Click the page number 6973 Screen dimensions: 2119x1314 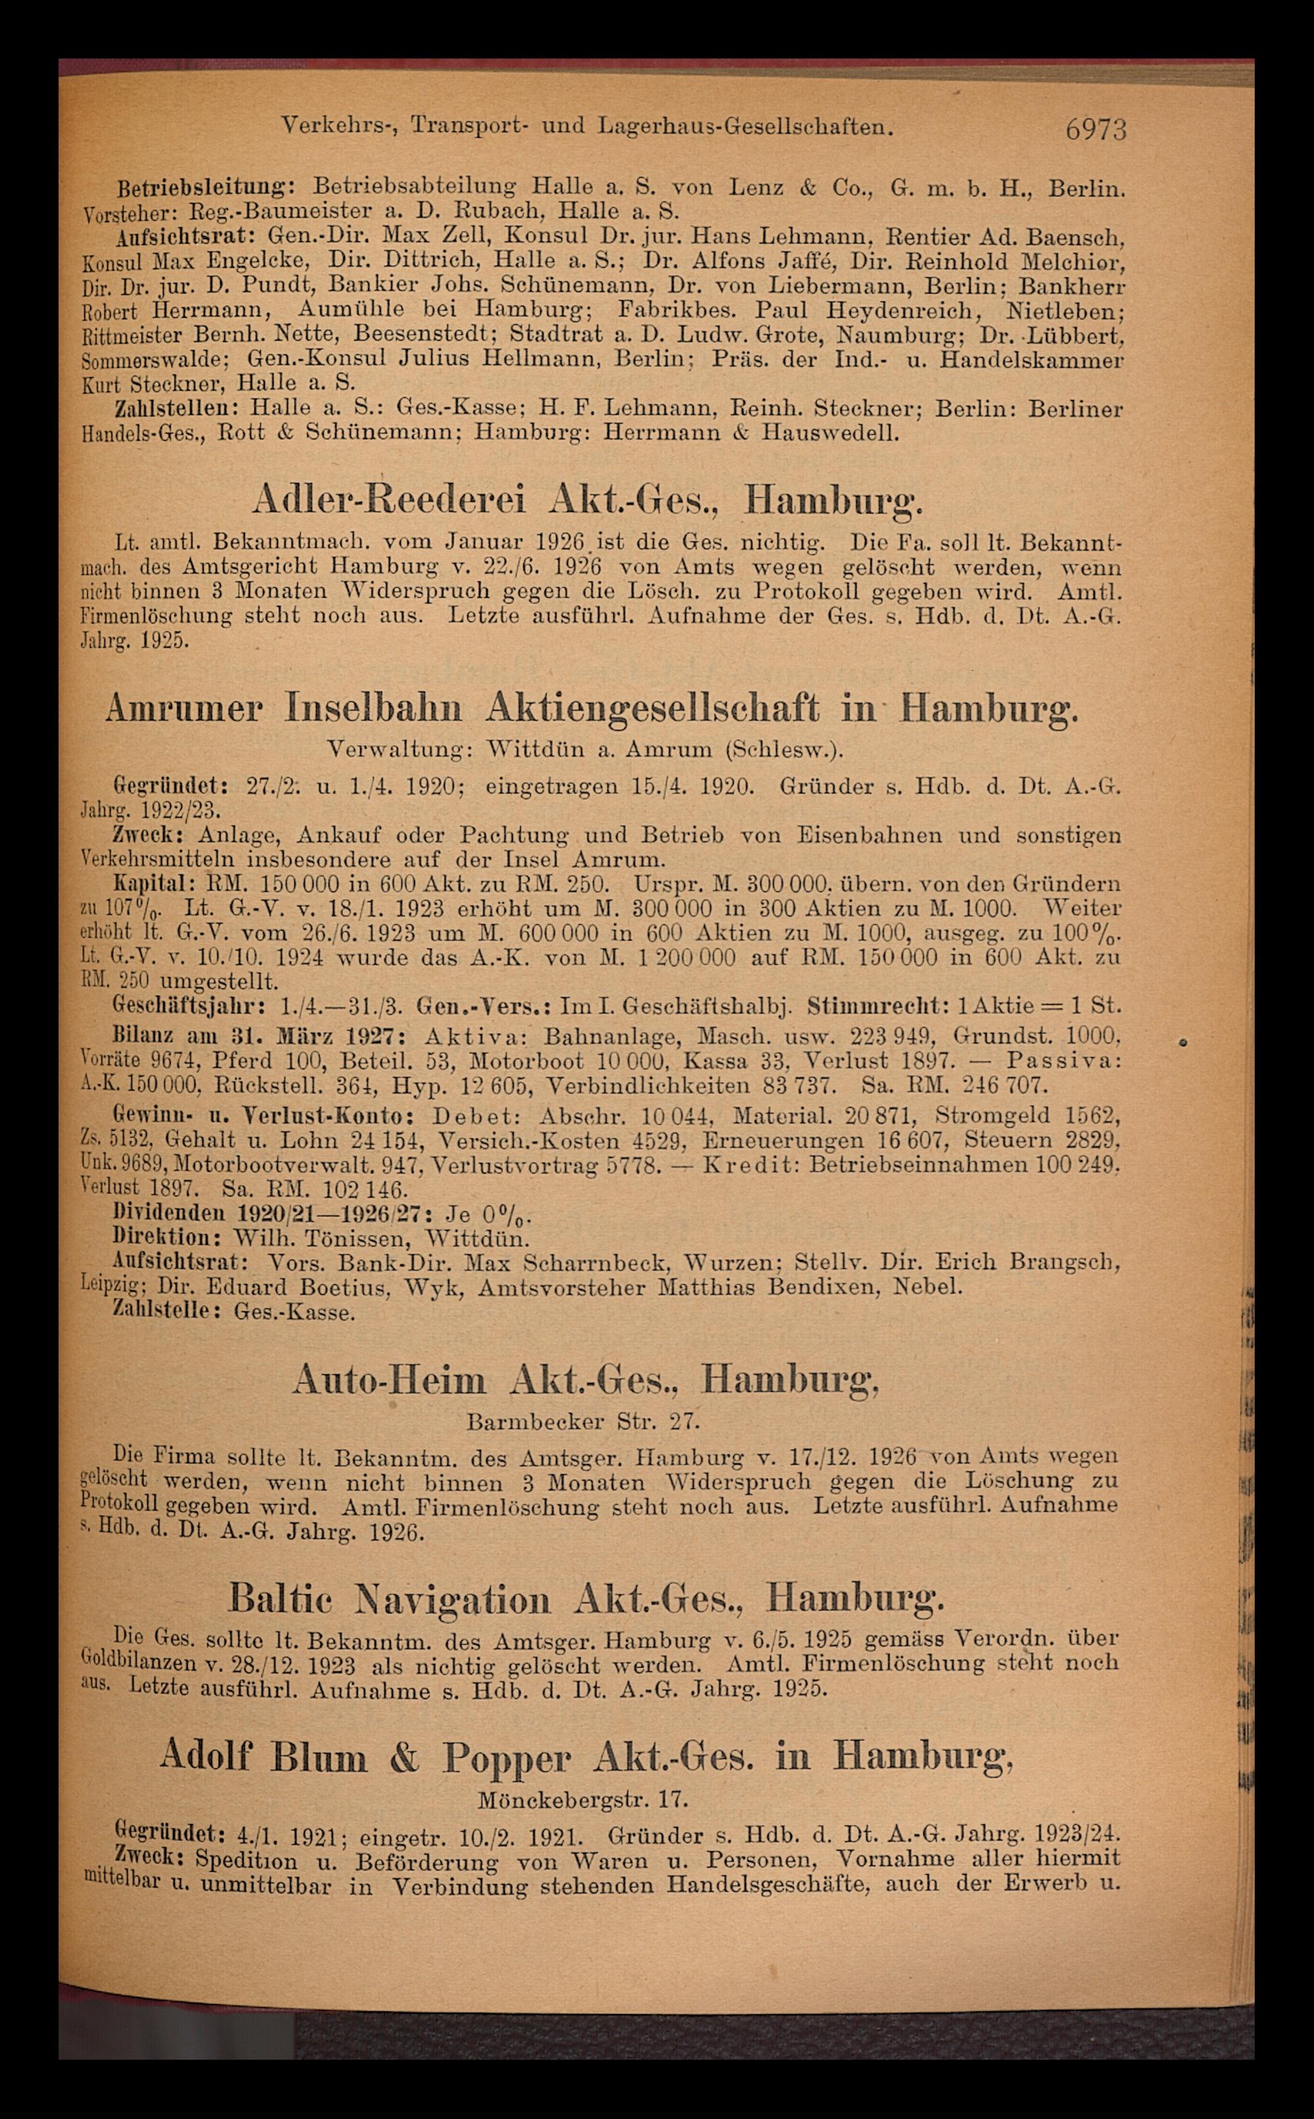(1095, 129)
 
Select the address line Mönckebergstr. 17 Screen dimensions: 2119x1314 (582, 1798)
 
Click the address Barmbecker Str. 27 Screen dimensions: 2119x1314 (582, 1421)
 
